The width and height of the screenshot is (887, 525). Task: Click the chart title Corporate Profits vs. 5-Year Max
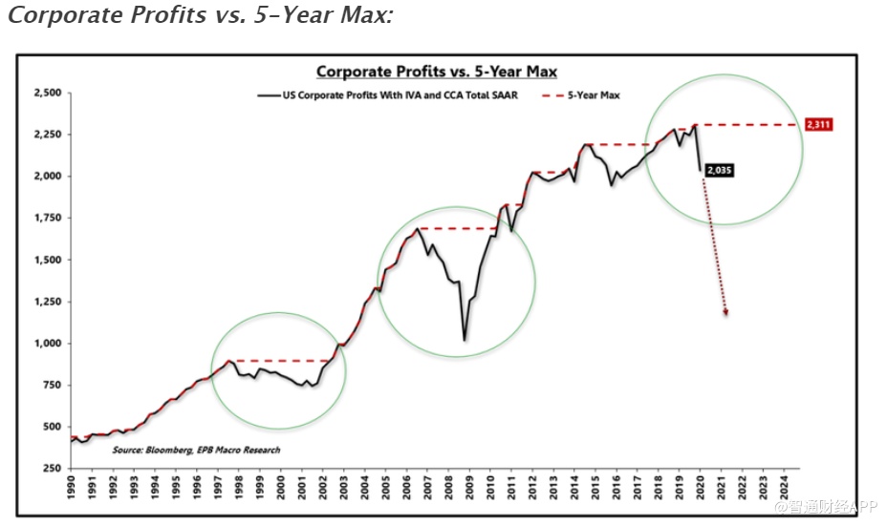point(437,72)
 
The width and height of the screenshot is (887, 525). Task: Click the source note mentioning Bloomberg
point(196,450)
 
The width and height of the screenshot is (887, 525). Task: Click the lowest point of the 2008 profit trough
point(465,340)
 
